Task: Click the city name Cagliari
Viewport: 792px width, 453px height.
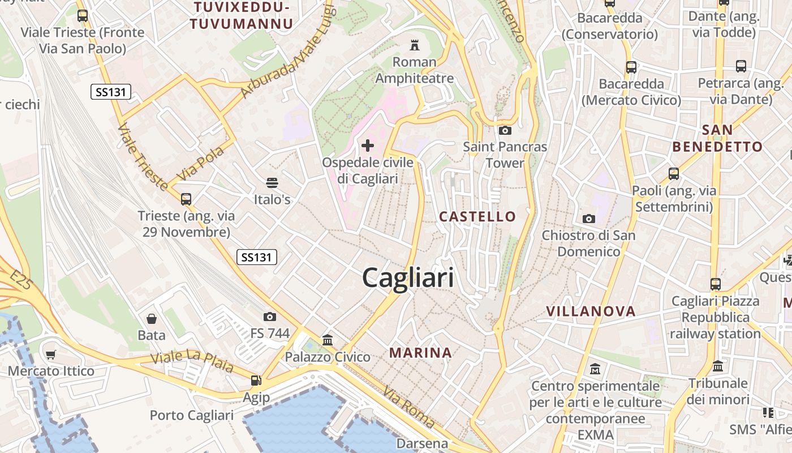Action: (x=407, y=278)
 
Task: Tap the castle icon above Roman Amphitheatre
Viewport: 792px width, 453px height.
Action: (x=415, y=44)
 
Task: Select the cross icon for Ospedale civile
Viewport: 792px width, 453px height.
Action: (x=368, y=146)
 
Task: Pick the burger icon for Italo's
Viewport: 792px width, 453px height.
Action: (x=272, y=182)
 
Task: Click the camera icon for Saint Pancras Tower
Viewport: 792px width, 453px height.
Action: (x=505, y=131)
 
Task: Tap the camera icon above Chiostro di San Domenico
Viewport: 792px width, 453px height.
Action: (x=589, y=219)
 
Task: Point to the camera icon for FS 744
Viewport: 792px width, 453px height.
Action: (x=270, y=317)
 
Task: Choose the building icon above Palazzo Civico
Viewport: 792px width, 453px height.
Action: (x=327, y=340)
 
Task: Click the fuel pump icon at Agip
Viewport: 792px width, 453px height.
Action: (x=256, y=381)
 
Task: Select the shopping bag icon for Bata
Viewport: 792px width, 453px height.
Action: (x=152, y=319)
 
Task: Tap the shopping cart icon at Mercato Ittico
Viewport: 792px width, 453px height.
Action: (x=51, y=355)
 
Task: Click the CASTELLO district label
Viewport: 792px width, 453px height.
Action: (x=477, y=216)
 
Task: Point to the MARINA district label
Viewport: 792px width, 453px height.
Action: (x=420, y=353)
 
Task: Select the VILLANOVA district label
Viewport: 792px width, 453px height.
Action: (x=591, y=311)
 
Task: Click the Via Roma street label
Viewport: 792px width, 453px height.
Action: (x=408, y=407)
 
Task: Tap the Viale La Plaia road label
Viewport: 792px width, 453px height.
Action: (x=192, y=361)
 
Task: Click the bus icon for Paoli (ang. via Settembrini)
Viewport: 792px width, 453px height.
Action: (x=674, y=174)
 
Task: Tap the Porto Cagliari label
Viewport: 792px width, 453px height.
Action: (x=191, y=415)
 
